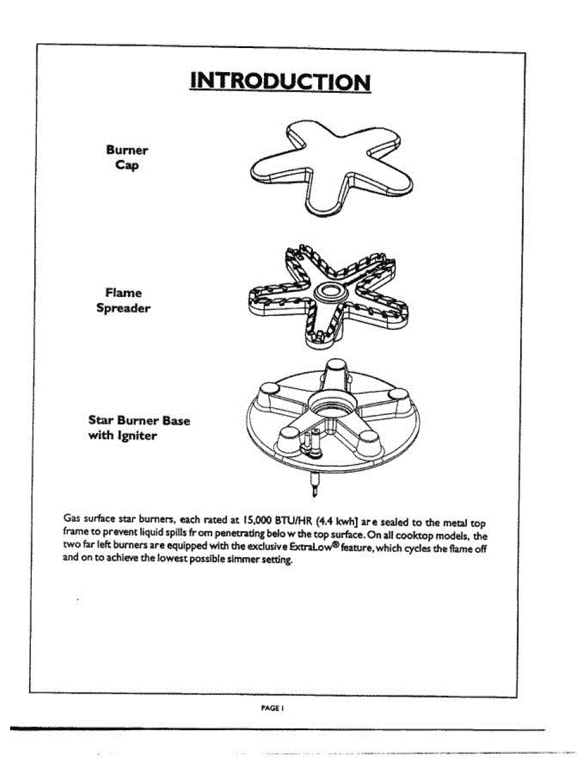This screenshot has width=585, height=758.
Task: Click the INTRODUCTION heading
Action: [280, 82]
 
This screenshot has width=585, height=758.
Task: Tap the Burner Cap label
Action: [127, 158]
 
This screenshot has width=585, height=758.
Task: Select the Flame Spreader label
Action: [123, 301]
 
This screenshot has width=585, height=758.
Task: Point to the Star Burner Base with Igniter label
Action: [139, 428]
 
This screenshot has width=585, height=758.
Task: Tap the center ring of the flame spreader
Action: [331, 291]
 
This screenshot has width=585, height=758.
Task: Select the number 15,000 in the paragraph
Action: [257, 521]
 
